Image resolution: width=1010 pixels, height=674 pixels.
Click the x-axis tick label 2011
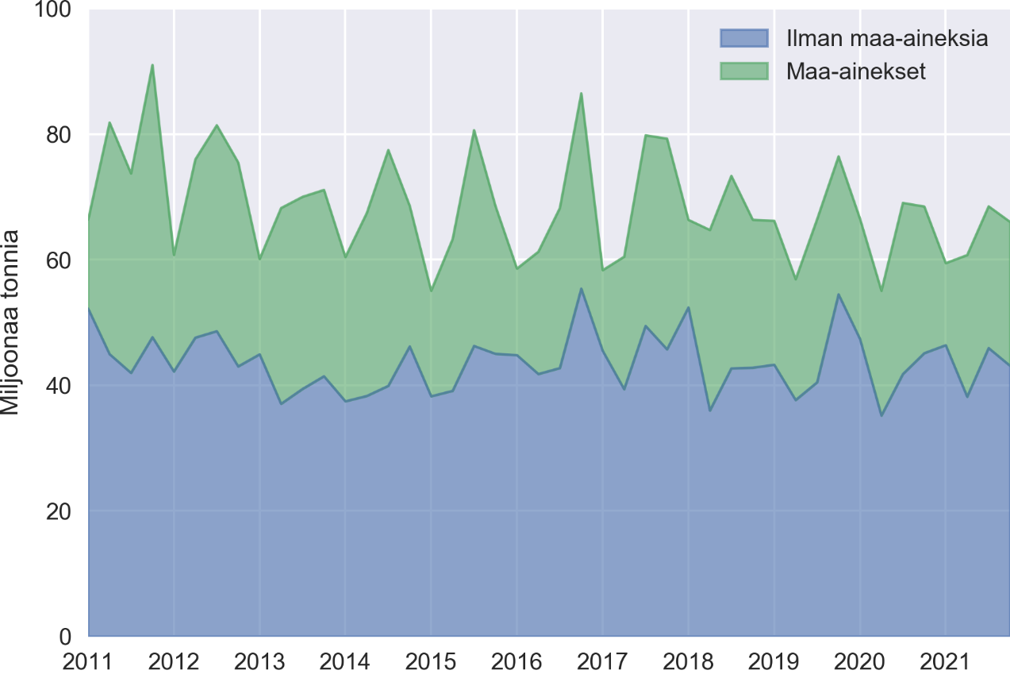[x=88, y=661]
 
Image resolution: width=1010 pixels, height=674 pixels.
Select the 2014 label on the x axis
[x=345, y=661]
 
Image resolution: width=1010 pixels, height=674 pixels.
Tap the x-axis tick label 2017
[x=602, y=661]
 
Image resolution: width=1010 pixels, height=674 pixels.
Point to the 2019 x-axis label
[x=774, y=661]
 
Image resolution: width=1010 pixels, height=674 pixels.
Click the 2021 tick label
[x=945, y=661]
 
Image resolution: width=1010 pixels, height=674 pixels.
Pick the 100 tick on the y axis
[x=55, y=11]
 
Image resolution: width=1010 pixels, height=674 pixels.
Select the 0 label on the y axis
[x=67, y=636]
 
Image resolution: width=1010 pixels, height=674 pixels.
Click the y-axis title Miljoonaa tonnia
[x=11, y=322]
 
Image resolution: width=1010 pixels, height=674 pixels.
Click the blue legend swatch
[x=744, y=38]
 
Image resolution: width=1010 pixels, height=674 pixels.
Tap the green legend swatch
[x=744, y=71]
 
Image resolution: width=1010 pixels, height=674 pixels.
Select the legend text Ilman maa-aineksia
[x=887, y=38]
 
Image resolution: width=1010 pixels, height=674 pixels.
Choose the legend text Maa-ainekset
[x=857, y=71]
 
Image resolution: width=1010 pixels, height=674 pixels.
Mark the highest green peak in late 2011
[x=152, y=65]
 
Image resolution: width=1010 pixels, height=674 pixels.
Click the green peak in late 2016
[x=581, y=94]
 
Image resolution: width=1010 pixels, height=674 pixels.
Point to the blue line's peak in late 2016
[x=581, y=288]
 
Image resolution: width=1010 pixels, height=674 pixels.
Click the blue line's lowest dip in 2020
[x=881, y=415]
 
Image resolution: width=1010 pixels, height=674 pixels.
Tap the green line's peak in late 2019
[x=838, y=156]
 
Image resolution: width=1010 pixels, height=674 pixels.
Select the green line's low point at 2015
[x=431, y=291]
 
